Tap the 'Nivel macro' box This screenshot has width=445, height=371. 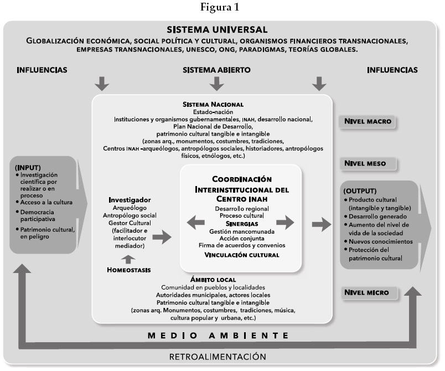coord(369,122)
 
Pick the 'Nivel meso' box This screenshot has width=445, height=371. coord(369,163)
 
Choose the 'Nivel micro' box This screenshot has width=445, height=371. coord(369,292)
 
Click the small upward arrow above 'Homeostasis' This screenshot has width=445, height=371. coord(128,258)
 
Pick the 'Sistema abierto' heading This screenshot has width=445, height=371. coord(216,70)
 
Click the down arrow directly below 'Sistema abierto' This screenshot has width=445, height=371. coord(216,84)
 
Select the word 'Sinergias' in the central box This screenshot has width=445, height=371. coord(240,223)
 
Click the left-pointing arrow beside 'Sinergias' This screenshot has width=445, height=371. coord(195,223)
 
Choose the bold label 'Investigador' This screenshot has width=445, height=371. coord(130,199)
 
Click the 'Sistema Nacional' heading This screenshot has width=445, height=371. coord(213,104)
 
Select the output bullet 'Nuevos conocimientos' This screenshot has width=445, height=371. coord(378,241)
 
